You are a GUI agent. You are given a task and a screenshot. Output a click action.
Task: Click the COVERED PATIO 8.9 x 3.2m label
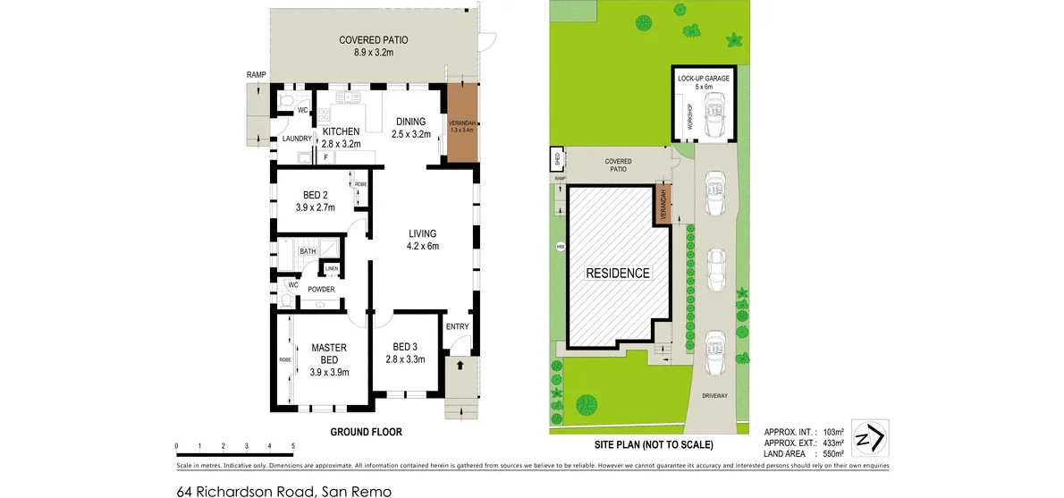click(375, 46)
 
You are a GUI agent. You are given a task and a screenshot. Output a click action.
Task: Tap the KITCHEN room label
click(341, 131)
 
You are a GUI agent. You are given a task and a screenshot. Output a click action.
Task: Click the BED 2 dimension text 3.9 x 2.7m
click(315, 207)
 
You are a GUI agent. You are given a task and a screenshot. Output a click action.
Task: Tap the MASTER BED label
click(328, 353)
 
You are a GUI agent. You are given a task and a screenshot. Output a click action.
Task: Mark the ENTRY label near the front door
click(457, 326)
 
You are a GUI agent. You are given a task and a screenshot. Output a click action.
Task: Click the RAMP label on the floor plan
click(257, 75)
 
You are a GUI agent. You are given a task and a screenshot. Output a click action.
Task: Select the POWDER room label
click(321, 289)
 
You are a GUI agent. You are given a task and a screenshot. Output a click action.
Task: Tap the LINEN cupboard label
click(331, 268)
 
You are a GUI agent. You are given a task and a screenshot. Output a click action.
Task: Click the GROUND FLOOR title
click(366, 432)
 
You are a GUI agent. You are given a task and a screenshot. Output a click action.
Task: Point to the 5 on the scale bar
click(293, 445)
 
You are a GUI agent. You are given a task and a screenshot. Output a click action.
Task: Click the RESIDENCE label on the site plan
click(618, 273)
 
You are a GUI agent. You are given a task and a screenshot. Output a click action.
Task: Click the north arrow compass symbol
click(868, 439)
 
